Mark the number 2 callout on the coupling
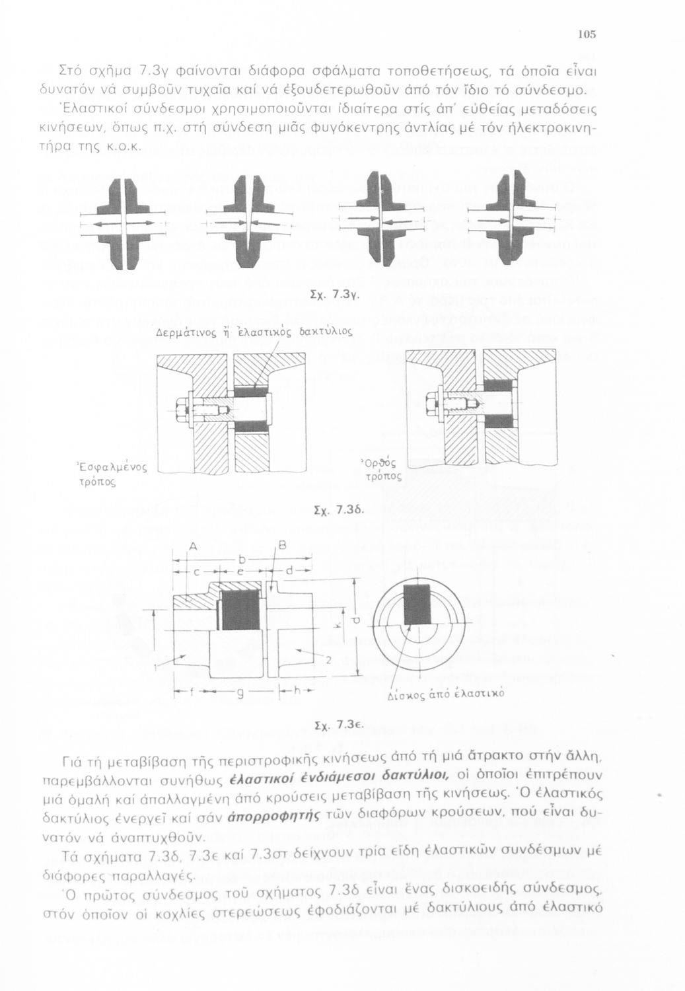[328, 659]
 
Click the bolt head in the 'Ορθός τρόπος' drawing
[433, 401]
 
